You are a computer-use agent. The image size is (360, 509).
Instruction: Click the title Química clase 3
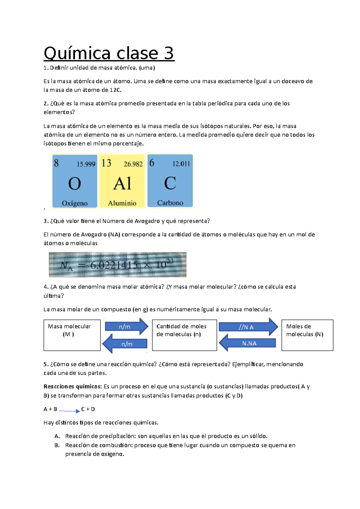tap(109, 54)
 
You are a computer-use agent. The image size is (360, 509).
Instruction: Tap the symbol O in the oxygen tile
tap(74, 183)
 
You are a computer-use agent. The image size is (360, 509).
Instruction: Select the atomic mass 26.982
tap(133, 164)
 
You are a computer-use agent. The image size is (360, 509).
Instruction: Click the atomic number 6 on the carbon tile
tap(152, 163)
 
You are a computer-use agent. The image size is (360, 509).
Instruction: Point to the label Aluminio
tap(122, 203)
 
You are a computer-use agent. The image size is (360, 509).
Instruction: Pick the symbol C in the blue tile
tap(170, 183)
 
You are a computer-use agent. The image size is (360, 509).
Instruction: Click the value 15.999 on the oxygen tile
tap(86, 164)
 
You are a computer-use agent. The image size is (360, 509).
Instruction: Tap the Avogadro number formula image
tap(118, 265)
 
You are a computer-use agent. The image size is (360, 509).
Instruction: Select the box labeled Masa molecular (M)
tap(72, 335)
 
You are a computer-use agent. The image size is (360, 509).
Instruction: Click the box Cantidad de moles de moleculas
tap(184, 335)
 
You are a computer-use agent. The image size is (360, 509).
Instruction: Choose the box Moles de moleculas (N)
tap(307, 335)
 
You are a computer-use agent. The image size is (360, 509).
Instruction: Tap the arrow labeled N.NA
tap(248, 343)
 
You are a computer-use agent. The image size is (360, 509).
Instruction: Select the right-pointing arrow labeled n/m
tap(126, 327)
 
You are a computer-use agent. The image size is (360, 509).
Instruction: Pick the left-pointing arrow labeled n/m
tap(125, 344)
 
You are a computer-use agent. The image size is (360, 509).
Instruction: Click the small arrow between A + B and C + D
tap(69, 411)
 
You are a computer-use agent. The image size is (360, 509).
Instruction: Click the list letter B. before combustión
tap(57, 445)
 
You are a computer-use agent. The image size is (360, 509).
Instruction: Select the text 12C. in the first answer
tap(116, 90)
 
